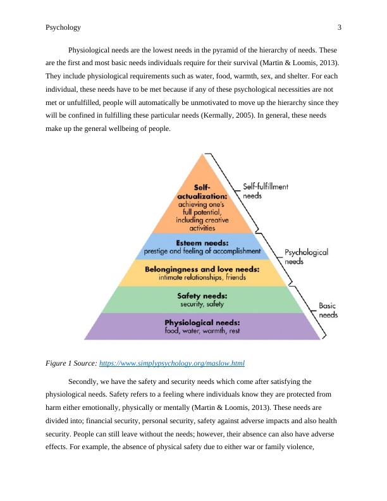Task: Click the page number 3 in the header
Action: click(x=340, y=27)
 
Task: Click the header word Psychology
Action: click(x=63, y=27)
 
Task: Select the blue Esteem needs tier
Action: click(x=202, y=246)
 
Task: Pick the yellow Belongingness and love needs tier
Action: click(x=202, y=273)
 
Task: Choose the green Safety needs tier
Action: click(x=202, y=299)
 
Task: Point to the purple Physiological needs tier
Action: click(x=202, y=326)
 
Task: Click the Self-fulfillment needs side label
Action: click(x=266, y=191)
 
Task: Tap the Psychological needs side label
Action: click(x=306, y=256)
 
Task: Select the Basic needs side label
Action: click(x=328, y=309)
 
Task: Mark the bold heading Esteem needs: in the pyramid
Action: click(x=202, y=242)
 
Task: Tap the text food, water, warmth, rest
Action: click(x=202, y=331)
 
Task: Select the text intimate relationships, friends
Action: click(x=202, y=277)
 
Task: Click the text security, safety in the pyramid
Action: click(x=202, y=304)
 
